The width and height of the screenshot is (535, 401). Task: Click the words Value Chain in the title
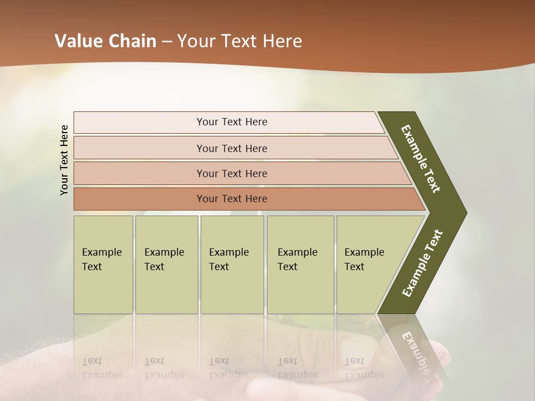105,41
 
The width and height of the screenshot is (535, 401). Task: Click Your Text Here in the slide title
240,41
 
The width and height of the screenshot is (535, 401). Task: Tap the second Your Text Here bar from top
231,148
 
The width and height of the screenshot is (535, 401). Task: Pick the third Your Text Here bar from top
231,173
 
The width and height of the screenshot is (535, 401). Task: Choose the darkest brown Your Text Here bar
231,199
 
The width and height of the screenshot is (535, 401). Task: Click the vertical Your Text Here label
64,160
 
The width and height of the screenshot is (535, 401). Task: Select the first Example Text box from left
103,264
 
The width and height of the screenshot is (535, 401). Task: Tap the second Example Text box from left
166,264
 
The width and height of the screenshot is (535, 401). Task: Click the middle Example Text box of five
232,264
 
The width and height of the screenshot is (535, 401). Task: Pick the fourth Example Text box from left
300,264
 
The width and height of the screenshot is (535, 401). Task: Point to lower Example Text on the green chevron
422,263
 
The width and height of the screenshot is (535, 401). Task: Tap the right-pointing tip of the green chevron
464,213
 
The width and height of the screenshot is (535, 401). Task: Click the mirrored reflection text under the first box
101,369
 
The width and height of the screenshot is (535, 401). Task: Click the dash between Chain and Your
166,42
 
